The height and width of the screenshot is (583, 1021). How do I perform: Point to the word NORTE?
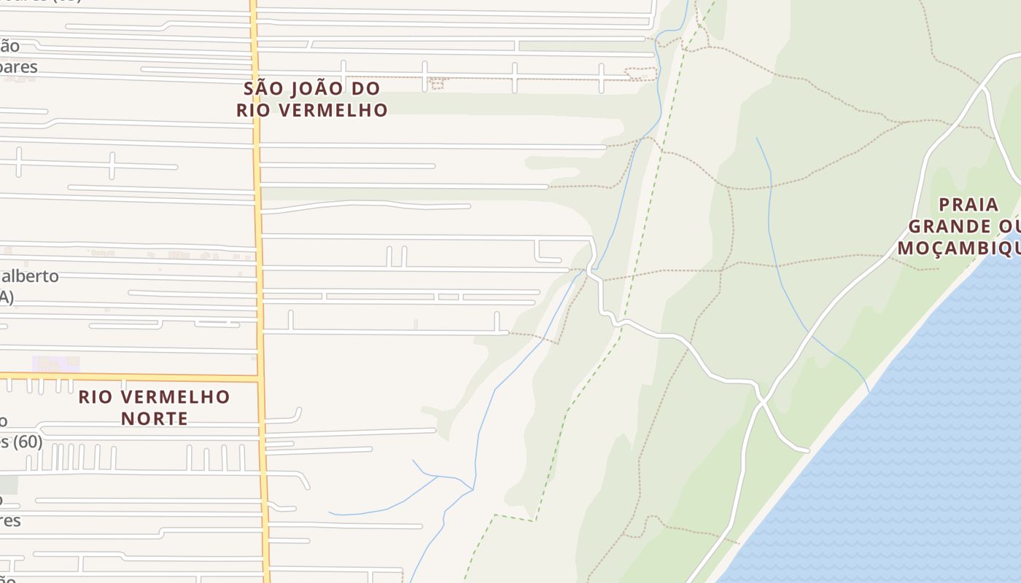click(x=155, y=419)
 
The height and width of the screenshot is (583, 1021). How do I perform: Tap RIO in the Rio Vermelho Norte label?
click(x=95, y=397)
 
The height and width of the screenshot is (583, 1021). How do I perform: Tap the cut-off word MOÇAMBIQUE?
click(x=958, y=249)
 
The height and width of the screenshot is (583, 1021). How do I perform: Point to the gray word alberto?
click(x=29, y=277)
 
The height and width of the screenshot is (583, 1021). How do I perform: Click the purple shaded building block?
click(x=55, y=364)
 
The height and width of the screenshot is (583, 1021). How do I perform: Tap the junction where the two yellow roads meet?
click(x=258, y=378)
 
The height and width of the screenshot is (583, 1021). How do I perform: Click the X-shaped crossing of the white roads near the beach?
click(x=762, y=400)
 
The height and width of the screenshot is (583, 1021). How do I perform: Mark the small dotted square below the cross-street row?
click(x=438, y=85)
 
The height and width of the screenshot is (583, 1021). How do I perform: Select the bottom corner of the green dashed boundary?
click(x=535, y=520)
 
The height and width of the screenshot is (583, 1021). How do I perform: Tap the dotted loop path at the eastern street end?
click(x=642, y=74)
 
